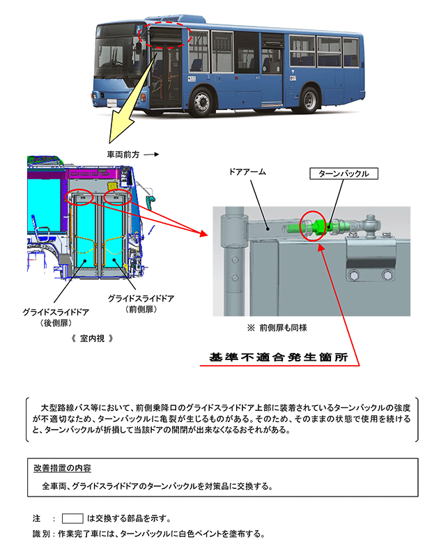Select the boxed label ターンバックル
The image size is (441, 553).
pyautogui.click(x=344, y=173)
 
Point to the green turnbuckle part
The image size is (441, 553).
pyautogui.click(x=318, y=226)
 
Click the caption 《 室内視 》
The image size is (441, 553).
pyautogui.click(x=92, y=338)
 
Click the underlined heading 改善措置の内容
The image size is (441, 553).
pyautogui.click(x=63, y=467)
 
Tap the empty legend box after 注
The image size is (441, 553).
pyautogui.click(x=72, y=518)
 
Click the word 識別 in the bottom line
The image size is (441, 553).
pyautogui.click(x=42, y=534)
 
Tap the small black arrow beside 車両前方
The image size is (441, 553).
pyautogui.click(x=153, y=155)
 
